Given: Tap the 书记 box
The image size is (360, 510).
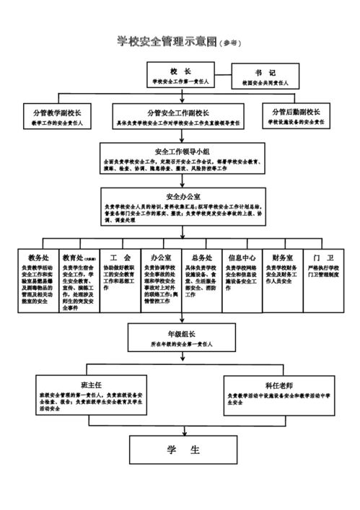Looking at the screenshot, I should [x=265, y=77].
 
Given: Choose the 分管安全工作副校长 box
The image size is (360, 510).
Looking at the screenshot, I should [x=179, y=117].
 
